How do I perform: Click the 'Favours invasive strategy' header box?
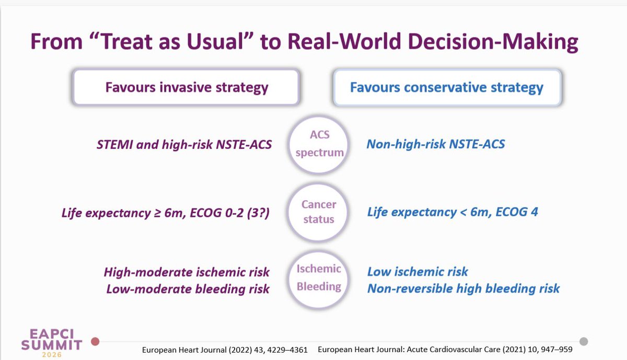tap(187, 87)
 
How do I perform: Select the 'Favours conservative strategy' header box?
tap(447, 87)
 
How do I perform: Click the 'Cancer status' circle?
tap(318, 212)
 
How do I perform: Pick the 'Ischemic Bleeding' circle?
tap(318, 278)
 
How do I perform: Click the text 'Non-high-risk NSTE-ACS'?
tap(436, 144)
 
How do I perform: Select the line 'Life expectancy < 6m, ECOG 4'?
tap(452, 212)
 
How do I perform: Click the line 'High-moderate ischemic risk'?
tap(187, 272)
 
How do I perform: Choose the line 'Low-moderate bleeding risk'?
tap(188, 288)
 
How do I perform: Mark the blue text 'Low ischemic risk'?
tap(417, 272)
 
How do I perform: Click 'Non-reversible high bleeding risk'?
tap(463, 288)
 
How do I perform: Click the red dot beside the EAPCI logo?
tap(95, 342)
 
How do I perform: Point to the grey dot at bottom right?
tap(584, 341)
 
